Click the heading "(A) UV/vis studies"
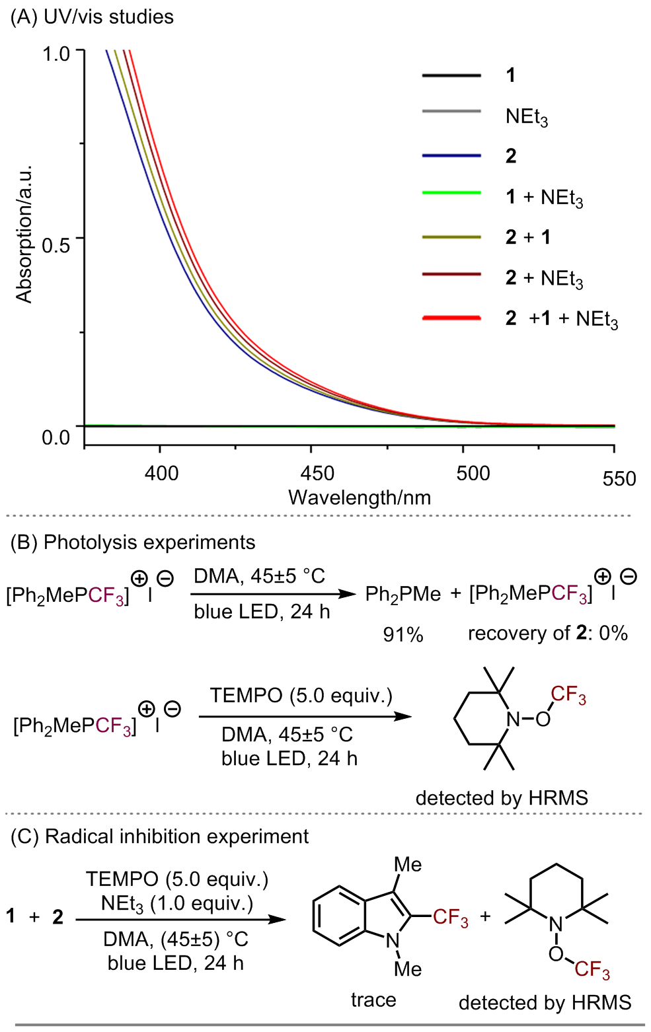(92, 17)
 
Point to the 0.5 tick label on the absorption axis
(56, 245)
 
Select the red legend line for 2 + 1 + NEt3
(451, 318)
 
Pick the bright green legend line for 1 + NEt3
(451, 193)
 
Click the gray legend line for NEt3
(451, 111)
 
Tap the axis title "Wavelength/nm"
(360, 498)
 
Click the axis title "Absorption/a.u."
(24, 234)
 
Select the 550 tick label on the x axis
(619, 478)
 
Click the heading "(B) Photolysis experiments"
(133, 542)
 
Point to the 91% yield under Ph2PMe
(403, 635)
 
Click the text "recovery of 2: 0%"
(547, 634)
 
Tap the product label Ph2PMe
(402, 595)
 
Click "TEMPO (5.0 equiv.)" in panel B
(301, 696)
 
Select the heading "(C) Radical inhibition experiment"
(160, 836)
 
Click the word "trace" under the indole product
(373, 1000)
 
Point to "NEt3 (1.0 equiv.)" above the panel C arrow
(177, 903)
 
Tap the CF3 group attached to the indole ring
(451, 918)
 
